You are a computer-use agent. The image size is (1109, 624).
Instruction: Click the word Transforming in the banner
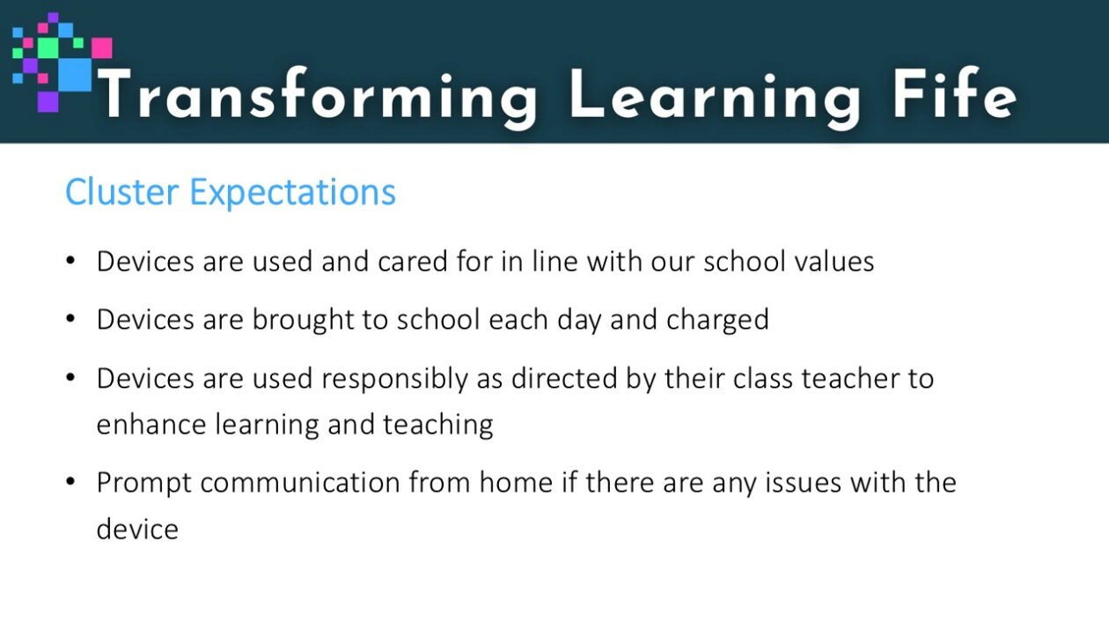(x=318, y=98)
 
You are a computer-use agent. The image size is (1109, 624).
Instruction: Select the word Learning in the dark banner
(x=716, y=98)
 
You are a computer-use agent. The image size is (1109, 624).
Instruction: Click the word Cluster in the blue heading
(x=121, y=192)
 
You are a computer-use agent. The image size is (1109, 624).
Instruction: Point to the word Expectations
(x=293, y=193)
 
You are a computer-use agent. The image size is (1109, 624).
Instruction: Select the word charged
(x=717, y=320)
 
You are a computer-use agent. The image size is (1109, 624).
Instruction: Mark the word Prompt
(x=144, y=484)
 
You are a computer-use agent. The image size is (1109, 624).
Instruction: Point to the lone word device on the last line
(x=137, y=530)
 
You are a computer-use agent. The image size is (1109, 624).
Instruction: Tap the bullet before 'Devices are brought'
(x=70, y=319)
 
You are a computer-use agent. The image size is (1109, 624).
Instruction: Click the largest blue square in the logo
(x=76, y=75)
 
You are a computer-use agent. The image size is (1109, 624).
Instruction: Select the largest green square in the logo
(x=48, y=47)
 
